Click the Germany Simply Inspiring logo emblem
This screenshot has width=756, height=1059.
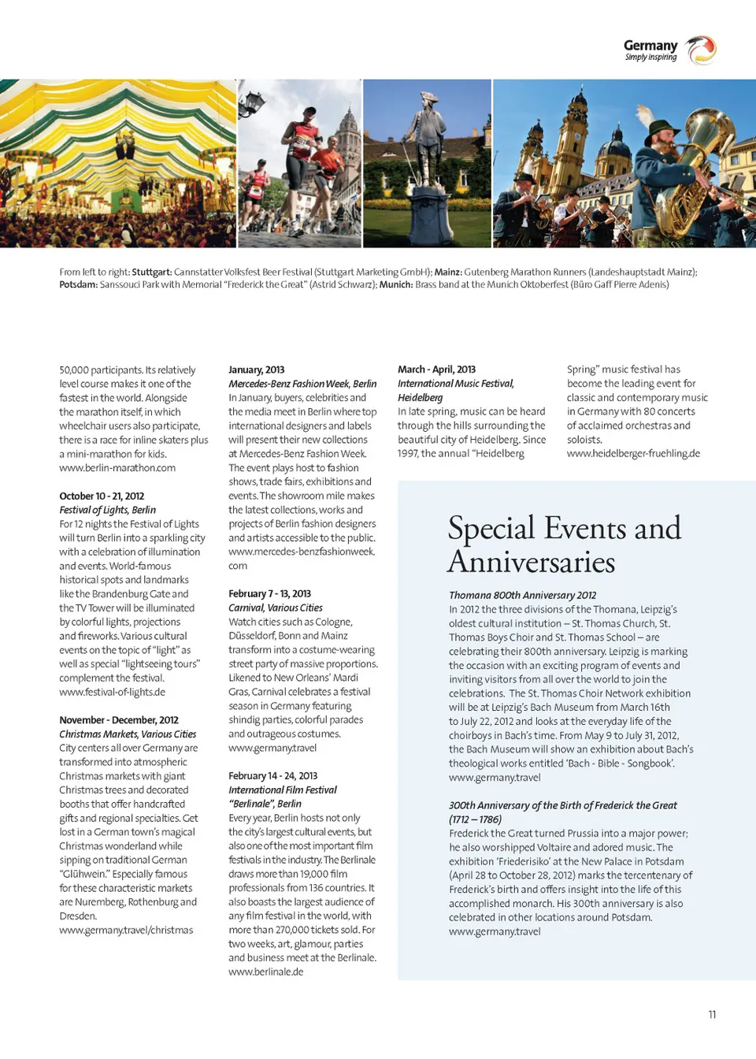click(x=700, y=50)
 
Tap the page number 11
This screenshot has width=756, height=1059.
click(x=712, y=1014)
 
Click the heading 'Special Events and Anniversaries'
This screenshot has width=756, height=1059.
click(x=564, y=544)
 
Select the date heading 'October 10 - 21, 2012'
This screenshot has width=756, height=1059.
click(x=102, y=496)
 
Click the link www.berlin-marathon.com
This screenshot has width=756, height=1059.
click(x=117, y=468)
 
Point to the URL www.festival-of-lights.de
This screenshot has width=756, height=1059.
click(x=112, y=692)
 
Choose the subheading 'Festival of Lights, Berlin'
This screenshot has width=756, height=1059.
click(x=107, y=510)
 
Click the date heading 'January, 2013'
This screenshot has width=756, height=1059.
click(x=256, y=370)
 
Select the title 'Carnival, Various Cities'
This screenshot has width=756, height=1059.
click(x=275, y=608)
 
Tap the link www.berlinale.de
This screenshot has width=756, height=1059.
click(x=265, y=972)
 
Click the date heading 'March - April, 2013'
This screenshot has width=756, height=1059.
click(x=436, y=370)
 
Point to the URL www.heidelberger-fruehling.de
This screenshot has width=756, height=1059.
click(x=633, y=453)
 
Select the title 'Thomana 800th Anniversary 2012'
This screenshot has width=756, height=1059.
click(x=522, y=595)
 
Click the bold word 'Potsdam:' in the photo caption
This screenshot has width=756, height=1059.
click(x=79, y=284)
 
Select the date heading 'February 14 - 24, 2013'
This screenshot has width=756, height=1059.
click(x=272, y=775)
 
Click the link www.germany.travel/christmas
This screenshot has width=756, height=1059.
click(x=126, y=930)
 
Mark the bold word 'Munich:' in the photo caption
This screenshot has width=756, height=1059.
click(x=396, y=284)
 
